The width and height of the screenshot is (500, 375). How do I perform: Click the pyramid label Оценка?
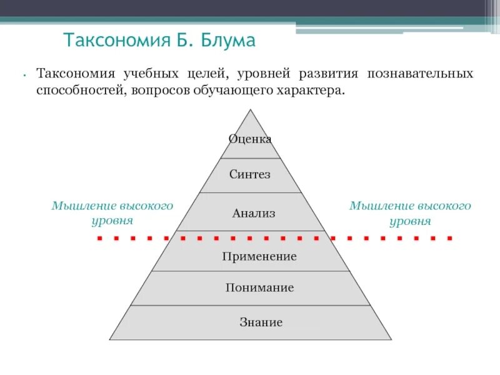point(250,139)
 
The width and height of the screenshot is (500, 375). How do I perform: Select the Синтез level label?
point(250,174)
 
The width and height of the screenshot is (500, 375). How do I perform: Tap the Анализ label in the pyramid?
point(254,213)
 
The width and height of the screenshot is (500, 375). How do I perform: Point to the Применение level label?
point(259,256)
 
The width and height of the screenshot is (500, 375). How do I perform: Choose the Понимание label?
point(259,288)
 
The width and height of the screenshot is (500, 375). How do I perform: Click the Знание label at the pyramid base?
point(261,322)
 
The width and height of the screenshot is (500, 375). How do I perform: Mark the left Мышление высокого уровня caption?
point(112,213)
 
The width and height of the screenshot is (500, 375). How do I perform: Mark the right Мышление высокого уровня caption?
point(410,213)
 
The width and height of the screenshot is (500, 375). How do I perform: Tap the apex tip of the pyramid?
point(251,110)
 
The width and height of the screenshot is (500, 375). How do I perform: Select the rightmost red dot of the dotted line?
point(450,238)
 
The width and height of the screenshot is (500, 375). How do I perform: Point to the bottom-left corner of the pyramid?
point(110,339)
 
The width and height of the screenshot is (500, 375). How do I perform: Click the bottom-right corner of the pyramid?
point(391,339)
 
